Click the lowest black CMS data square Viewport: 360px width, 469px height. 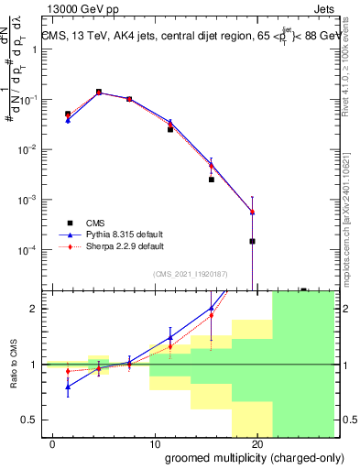pos(252,242)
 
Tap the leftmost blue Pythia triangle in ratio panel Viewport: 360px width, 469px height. pos(69,387)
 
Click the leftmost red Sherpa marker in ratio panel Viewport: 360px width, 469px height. pos(69,371)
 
